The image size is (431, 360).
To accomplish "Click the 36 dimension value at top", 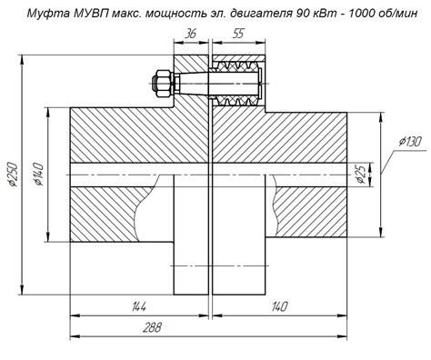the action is (x=191, y=34).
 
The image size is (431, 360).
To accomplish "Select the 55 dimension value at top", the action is (x=238, y=34).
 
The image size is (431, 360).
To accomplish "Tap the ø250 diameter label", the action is (x=13, y=174).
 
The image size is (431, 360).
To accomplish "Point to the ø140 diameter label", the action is (x=39, y=174).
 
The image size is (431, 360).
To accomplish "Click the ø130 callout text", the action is (x=410, y=142).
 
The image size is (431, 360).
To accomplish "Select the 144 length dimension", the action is (x=138, y=306).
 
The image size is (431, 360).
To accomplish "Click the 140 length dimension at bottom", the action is (x=279, y=306).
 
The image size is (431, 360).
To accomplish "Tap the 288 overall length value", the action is (x=153, y=327).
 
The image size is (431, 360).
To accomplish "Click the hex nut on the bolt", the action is (x=164, y=84).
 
